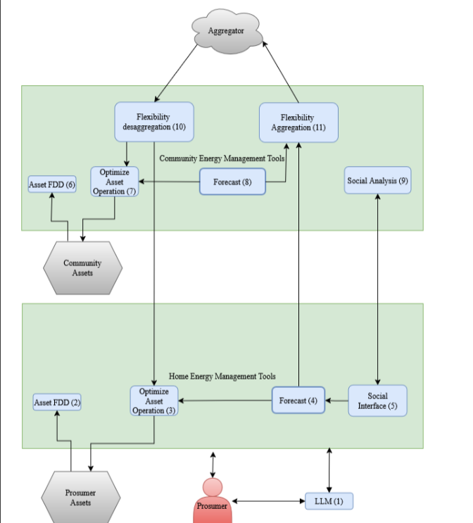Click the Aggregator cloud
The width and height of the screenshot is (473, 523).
point(226,31)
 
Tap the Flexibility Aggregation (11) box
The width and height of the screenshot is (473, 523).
point(298,122)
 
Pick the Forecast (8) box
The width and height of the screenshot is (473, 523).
point(232,182)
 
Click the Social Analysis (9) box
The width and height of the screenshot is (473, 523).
point(378,181)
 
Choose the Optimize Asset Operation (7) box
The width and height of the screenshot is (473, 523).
point(114,182)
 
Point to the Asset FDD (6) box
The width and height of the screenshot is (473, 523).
point(52,184)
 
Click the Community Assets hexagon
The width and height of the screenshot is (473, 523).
point(82,268)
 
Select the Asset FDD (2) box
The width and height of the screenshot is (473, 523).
point(57,403)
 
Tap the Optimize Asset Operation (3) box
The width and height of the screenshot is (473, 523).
point(153,401)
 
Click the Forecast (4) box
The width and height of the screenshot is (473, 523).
point(298,401)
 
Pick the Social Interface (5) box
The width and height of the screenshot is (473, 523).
point(377,401)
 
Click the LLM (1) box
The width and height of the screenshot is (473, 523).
point(329,501)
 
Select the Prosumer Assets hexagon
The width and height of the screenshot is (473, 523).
point(80,497)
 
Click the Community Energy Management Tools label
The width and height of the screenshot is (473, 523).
point(222,158)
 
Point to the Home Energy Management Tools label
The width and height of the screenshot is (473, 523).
point(222,377)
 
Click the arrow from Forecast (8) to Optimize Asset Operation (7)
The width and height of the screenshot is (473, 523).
point(169,182)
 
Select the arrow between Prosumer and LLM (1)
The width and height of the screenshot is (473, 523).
point(268,501)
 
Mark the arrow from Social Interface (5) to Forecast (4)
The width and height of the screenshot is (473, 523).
point(336,401)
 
